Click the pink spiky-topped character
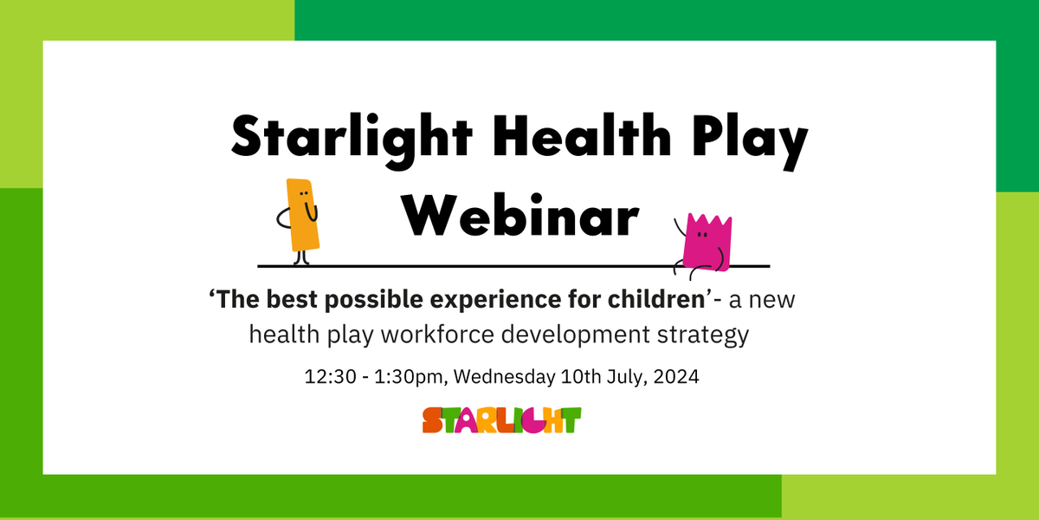click(706, 242)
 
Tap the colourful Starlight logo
click(502, 420)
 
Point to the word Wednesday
click(501, 379)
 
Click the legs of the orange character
click(300, 257)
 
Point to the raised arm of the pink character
click(679, 231)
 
